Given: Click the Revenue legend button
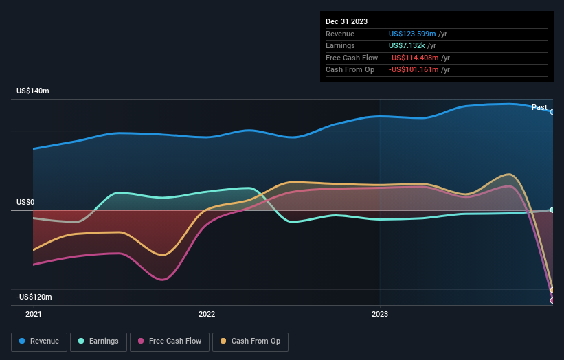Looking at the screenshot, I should pos(39,341).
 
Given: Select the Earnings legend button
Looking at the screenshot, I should pos(99,341).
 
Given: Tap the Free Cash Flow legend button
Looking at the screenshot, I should pos(168,341).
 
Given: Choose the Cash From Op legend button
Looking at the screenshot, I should pos(250,341).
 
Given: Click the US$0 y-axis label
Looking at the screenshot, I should pos(25,203).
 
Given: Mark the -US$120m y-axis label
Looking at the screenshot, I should pos(34,297).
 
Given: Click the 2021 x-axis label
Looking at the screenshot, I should pos(33,315).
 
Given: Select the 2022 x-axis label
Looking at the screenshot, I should pos(206,315).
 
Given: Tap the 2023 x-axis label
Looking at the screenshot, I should pos(380,315).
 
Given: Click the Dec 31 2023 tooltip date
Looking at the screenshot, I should pos(348,21).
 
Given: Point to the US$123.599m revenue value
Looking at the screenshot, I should pos(413,34).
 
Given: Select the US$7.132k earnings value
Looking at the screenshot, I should pos(407,45).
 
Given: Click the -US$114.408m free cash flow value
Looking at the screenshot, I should pos(414,58).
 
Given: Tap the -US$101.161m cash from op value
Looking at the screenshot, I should pos(414,69).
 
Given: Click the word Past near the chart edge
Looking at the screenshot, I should pos(539,107).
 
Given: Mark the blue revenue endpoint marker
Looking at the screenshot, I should pos(552,111).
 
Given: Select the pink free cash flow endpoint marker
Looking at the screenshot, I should pos(552,300).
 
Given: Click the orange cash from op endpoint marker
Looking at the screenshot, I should pos(552,290).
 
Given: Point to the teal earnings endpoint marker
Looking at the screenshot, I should pos(552,210).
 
